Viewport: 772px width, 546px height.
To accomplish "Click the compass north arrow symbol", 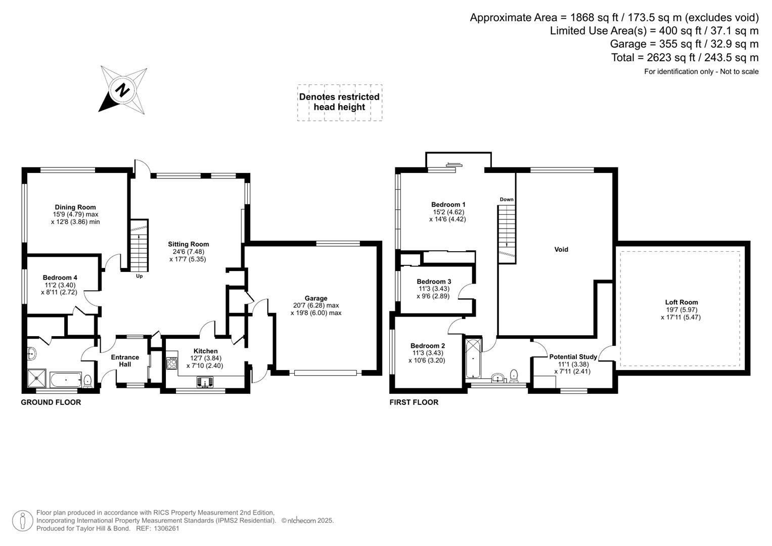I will pos(123,89).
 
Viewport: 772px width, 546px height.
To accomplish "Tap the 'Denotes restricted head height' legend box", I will pos(339,102).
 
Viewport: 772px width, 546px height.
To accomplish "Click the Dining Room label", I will pos(75,207).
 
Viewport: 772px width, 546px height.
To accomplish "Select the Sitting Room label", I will pos(189,244).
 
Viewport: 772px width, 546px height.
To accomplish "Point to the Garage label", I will pos(316,298).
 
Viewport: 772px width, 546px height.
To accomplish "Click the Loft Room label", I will pos(681,302).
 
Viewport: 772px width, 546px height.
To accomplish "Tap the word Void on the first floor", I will pos(561,249).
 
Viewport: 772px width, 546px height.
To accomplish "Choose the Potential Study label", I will pos(573,357).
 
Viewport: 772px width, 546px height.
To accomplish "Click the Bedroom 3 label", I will pos(434,282).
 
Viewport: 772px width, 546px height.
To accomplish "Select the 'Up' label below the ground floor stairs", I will pos(140,276).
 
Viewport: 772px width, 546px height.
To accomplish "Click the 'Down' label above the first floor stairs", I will pos(507,199).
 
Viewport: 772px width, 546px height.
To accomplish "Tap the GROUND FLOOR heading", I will pos(51,402).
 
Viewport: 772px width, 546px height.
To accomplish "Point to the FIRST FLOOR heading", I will pos(414,402).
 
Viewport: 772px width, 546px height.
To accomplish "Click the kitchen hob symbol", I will pos(172,363).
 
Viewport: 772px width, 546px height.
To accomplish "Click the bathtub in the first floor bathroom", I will pos(473,359).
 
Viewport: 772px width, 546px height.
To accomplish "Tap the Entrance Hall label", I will pos(125,360).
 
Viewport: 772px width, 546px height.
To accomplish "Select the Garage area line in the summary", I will pos(684,44).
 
